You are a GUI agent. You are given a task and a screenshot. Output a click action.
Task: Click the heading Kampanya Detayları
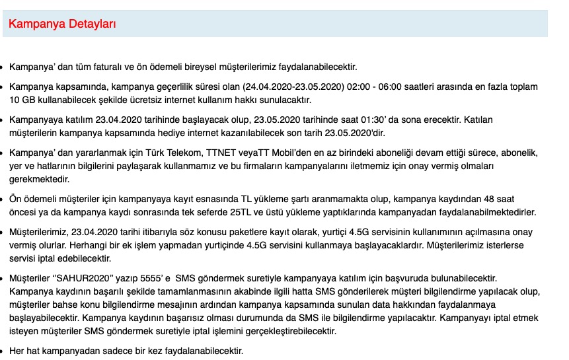point(62,24)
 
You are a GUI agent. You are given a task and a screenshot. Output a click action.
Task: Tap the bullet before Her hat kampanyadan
point(2,351)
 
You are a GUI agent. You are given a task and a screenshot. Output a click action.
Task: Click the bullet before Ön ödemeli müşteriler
point(2,199)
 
